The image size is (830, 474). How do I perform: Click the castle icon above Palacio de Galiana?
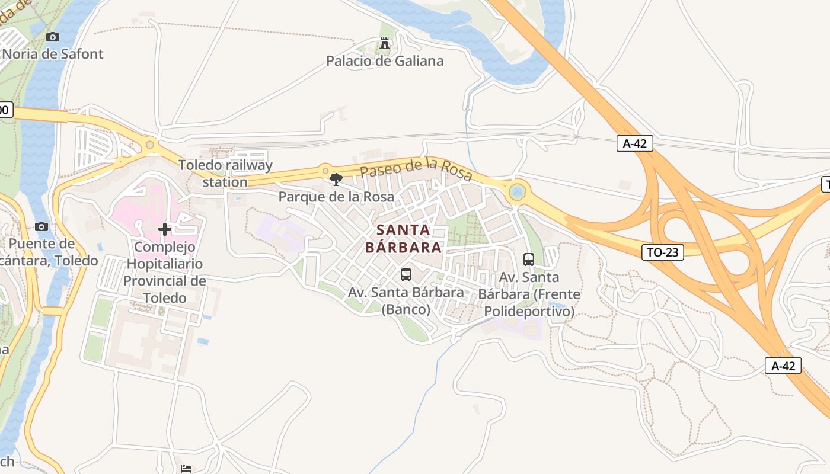[385, 43]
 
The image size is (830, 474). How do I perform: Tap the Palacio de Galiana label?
[385, 61]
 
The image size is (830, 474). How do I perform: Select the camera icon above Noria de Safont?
[53, 37]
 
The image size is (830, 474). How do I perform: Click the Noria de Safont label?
[53, 54]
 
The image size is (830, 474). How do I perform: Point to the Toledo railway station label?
[225, 174]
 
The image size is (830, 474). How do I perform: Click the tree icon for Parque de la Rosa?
[336, 180]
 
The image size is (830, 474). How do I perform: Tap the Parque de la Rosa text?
[336, 197]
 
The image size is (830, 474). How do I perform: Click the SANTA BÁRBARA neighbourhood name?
[404, 238]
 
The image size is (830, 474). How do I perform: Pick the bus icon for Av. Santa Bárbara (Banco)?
[406, 275]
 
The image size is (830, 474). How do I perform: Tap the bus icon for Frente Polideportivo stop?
[529, 260]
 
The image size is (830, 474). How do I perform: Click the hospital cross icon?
[165, 229]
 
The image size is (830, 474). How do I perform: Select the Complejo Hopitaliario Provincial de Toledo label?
[165, 272]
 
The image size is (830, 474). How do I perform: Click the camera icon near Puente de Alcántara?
[41, 227]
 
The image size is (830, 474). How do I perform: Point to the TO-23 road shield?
[663, 252]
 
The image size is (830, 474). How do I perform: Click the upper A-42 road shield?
[634, 143]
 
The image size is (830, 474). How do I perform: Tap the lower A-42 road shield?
[783, 366]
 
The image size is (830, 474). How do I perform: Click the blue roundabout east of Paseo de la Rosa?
[518, 191]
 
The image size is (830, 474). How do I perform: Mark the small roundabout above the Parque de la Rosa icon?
[325, 171]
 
